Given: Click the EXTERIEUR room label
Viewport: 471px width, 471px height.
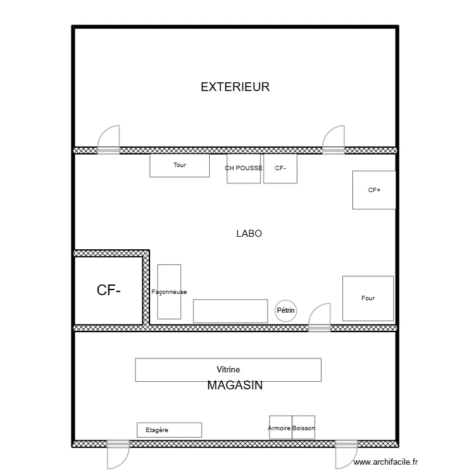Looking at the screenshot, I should point(235,87).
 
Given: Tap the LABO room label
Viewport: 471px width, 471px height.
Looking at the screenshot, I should point(249,234).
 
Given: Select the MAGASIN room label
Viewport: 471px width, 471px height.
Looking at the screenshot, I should point(235,386).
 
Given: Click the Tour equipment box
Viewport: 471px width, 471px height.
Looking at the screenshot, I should point(180,166).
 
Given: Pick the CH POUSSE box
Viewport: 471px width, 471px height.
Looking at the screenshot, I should point(244,168).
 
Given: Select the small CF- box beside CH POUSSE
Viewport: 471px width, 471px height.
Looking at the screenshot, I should point(280,168).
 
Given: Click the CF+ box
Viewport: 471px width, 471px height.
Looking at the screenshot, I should point(374,190).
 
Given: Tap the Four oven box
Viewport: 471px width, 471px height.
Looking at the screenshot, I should point(368,298).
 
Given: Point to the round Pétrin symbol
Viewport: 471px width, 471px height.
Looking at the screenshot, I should point(286,311).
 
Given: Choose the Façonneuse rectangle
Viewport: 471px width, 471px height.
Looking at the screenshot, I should point(169,292).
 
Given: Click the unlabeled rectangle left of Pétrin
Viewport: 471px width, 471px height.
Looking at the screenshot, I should point(230,311).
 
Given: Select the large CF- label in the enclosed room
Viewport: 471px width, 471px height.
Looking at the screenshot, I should point(109,290).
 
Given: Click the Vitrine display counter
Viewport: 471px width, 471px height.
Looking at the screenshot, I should point(228,370).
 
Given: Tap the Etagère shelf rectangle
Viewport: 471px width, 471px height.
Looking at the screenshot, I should point(170,430).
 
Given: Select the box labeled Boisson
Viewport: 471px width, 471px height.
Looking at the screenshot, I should point(303,428).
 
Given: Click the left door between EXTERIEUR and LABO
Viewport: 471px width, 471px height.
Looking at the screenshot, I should point(109,141).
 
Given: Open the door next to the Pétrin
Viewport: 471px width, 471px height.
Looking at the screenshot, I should point(320,317).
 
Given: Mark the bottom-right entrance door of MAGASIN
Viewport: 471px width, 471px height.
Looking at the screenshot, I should point(346,453).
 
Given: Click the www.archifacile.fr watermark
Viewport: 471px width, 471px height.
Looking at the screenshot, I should point(390,462).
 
